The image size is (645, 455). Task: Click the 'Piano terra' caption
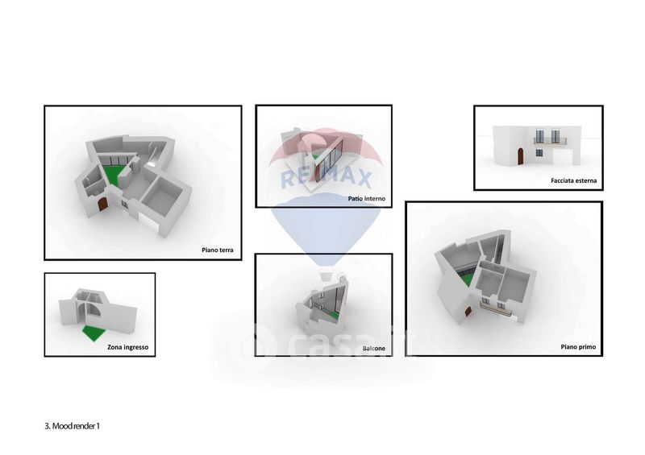pyautogui.click(x=217, y=250)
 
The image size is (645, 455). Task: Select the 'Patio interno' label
pyautogui.click(x=367, y=199)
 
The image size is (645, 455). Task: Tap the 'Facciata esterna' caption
pyautogui.click(x=573, y=180)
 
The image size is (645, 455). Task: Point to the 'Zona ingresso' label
pyautogui.click(x=128, y=347)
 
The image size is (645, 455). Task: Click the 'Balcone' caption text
pyautogui.click(x=374, y=349)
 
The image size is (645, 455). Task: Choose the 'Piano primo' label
pyautogui.click(x=578, y=347)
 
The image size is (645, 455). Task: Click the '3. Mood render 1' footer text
pyautogui.click(x=72, y=426)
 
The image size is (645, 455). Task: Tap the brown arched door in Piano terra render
pyautogui.click(x=102, y=205)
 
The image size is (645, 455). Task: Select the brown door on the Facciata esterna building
pyautogui.click(x=520, y=156)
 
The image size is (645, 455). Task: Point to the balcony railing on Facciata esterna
pyautogui.click(x=550, y=141)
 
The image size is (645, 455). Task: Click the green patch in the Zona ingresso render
pyautogui.click(x=94, y=333)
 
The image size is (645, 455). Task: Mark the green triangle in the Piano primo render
pyautogui.click(x=467, y=281)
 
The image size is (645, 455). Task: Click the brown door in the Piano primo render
pyautogui.click(x=468, y=312)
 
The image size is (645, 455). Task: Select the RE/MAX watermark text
pyautogui.click(x=326, y=178)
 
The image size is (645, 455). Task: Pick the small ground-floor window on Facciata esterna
pyautogui.click(x=539, y=153)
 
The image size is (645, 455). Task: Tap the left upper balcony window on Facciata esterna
pyautogui.click(x=539, y=136)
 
